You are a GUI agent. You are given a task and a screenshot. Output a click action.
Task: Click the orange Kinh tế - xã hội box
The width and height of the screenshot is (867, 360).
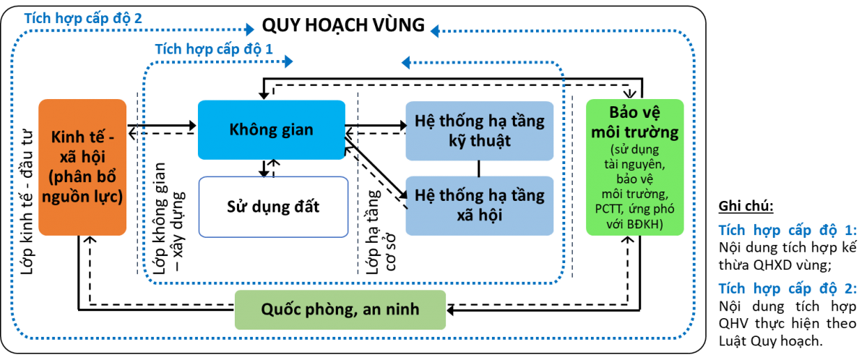point(82,167)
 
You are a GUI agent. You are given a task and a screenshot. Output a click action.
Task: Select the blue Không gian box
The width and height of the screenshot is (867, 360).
point(272,129)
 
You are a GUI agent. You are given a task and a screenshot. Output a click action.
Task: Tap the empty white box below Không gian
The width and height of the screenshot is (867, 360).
point(273,207)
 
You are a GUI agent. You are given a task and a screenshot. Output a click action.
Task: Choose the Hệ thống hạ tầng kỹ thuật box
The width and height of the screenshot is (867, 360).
point(480,130)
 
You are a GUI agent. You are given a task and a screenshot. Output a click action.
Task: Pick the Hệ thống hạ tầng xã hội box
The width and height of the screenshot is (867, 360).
point(480,205)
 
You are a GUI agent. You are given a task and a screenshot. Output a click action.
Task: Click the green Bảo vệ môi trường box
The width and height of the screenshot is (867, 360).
point(634,167)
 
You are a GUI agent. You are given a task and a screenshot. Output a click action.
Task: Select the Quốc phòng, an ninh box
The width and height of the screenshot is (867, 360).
point(340,309)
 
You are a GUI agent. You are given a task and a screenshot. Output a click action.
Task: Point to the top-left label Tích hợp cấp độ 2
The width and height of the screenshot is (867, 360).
point(82,18)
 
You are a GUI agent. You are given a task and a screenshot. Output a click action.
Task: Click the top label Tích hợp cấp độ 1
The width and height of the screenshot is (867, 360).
point(214,50)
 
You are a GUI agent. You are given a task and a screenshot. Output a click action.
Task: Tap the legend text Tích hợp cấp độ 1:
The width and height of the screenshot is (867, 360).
point(787,231)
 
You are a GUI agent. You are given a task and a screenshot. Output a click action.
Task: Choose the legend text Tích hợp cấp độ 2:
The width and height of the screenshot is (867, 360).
point(787,289)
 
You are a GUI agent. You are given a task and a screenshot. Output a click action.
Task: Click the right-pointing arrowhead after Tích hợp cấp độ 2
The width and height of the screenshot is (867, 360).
point(250,30)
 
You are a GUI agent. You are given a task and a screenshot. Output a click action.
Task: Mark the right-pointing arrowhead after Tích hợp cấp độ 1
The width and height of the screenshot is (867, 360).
point(289,62)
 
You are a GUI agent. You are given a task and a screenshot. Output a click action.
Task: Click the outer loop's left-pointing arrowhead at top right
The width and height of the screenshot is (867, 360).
point(435,31)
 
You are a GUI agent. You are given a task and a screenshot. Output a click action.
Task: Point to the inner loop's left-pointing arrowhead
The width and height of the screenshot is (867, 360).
point(407,62)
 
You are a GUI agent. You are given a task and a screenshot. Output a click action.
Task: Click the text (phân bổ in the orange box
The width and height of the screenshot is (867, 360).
point(82,176)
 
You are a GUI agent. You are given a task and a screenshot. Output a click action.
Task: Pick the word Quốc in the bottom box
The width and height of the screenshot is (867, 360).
point(281,309)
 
